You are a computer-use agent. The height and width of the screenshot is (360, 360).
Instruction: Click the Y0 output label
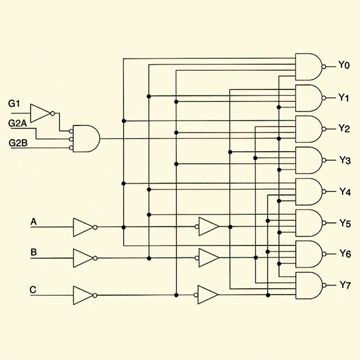click(x=344, y=65)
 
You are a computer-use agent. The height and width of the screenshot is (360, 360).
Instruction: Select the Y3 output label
click(x=344, y=160)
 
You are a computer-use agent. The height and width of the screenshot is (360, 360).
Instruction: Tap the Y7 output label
click(x=344, y=284)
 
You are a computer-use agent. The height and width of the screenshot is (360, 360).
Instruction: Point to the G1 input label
click(x=14, y=103)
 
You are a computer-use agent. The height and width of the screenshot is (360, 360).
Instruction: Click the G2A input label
click(x=17, y=123)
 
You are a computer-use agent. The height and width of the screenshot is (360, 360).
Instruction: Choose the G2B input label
click(x=17, y=143)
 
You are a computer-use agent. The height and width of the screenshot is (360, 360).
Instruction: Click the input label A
click(x=34, y=223)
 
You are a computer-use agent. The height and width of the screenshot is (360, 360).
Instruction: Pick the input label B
click(x=34, y=253)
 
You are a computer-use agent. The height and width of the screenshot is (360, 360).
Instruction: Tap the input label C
click(x=34, y=290)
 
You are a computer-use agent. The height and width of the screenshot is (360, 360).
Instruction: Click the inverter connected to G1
click(x=41, y=112)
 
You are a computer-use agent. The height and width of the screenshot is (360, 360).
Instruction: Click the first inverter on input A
click(x=83, y=227)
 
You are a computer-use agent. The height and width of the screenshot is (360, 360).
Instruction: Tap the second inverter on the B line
click(x=208, y=258)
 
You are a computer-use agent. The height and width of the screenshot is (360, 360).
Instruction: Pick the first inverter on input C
click(x=83, y=295)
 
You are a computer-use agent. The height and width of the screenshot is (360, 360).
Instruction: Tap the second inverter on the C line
click(x=208, y=295)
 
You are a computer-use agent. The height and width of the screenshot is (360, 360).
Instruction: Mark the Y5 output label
click(x=344, y=223)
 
